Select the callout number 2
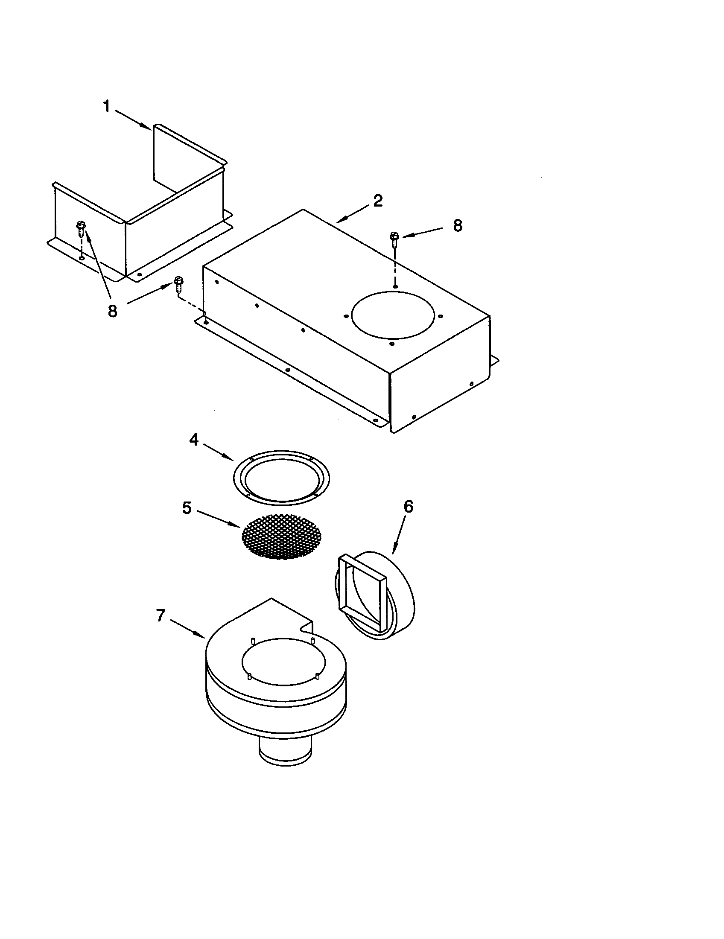pyautogui.click(x=378, y=201)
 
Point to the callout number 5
pyautogui.click(x=187, y=508)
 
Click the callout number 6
pyautogui.click(x=408, y=507)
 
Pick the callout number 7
pyautogui.click(x=161, y=616)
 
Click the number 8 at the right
pyautogui.click(x=458, y=225)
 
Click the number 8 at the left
pyautogui.click(x=112, y=311)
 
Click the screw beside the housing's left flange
pyautogui.click(x=178, y=284)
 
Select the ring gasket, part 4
pyautogui.click(x=282, y=478)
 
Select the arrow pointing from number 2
pyautogui.click(x=352, y=214)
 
